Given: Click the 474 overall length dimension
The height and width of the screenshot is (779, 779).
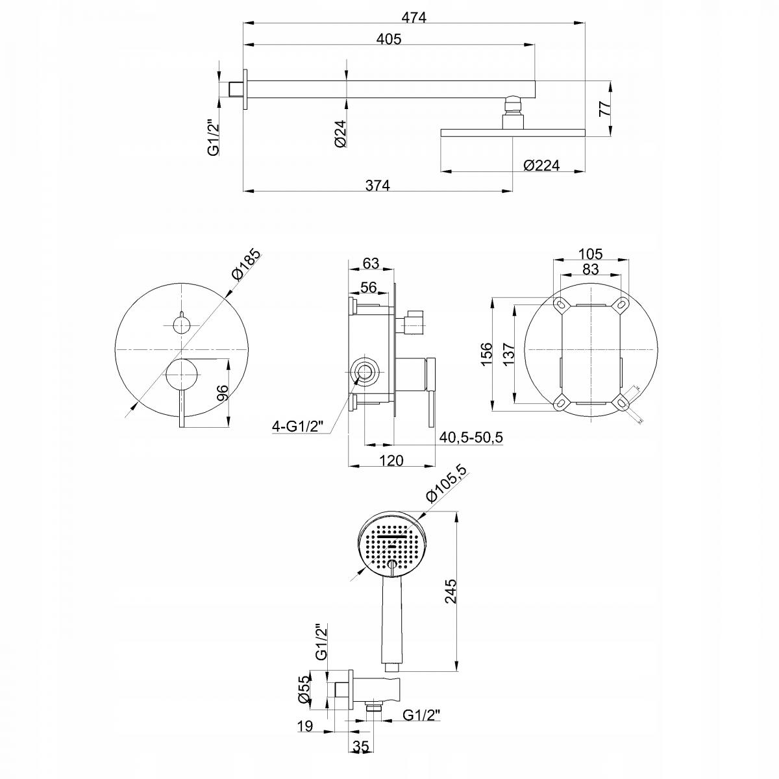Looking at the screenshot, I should pyautogui.click(x=414, y=18).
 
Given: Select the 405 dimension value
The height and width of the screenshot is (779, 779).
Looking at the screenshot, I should pyautogui.click(x=389, y=39).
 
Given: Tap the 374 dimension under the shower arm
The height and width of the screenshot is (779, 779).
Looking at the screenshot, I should pyautogui.click(x=377, y=185).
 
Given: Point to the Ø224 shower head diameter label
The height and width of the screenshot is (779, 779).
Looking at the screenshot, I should pyautogui.click(x=541, y=166).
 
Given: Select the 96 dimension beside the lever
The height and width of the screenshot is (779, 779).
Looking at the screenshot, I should pyautogui.click(x=221, y=393).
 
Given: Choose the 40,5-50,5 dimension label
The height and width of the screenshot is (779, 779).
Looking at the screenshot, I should pyautogui.click(x=471, y=438).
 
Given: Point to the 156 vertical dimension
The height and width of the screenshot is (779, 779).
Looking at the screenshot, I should pyautogui.click(x=488, y=354).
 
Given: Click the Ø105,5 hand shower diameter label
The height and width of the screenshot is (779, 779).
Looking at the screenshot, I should pyautogui.click(x=447, y=484).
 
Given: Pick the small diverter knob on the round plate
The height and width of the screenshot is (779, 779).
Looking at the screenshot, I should pyautogui.click(x=181, y=323).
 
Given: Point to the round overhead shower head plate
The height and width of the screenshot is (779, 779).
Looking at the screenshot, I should pyautogui.click(x=513, y=133).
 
